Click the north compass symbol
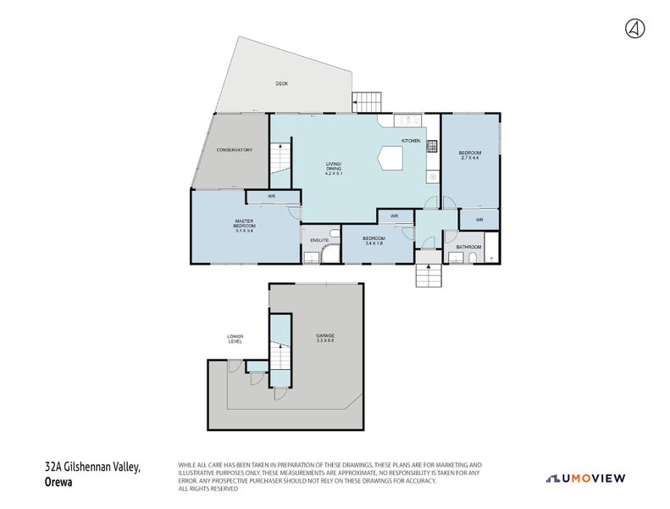pyautogui.click(x=634, y=28)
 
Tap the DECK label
pyautogui.click(x=281, y=83)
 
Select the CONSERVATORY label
pyautogui.click(x=235, y=150)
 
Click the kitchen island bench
pyautogui.click(x=392, y=157)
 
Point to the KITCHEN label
pyautogui.click(x=411, y=141)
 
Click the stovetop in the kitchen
pyautogui.click(x=432, y=146)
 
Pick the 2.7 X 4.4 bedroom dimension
pyautogui.click(x=470, y=158)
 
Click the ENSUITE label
pyautogui.click(x=318, y=241)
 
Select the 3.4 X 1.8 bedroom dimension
pyautogui.click(x=374, y=243)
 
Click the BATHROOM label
pyautogui.click(x=468, y=247)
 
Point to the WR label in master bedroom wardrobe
pyautogui.click(x=271, y=197)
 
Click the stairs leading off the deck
pyautogui.click(x=367, y=102)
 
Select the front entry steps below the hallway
pyautogui.click(x=429, y=276)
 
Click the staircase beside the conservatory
pyautogui.click(x=280, y=159)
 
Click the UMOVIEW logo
pyautogui.click(x=586, y=478)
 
